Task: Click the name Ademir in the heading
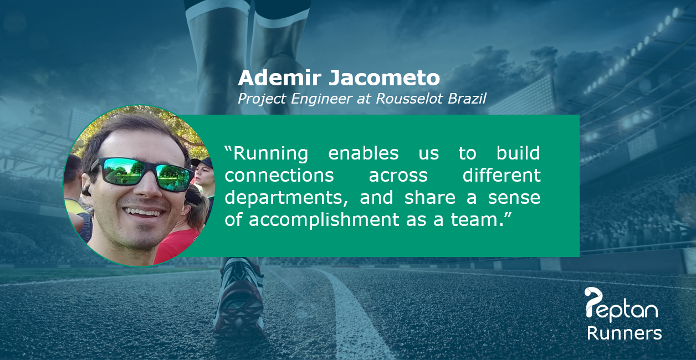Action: pos(279,78)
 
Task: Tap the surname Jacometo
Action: pos(385,78)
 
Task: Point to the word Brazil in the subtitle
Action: pos(467,99)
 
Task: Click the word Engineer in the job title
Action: pos(321,99)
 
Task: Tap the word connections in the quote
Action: pos(279,176)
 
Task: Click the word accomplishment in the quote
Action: pos(324,220)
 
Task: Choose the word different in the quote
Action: pos(501,175)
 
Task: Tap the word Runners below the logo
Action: pos(624,333)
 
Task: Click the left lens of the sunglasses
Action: pos(122,170)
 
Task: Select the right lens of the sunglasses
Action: pos(173,178)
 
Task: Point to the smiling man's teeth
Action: pos(144,213)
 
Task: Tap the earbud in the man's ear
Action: pos(86,191)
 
